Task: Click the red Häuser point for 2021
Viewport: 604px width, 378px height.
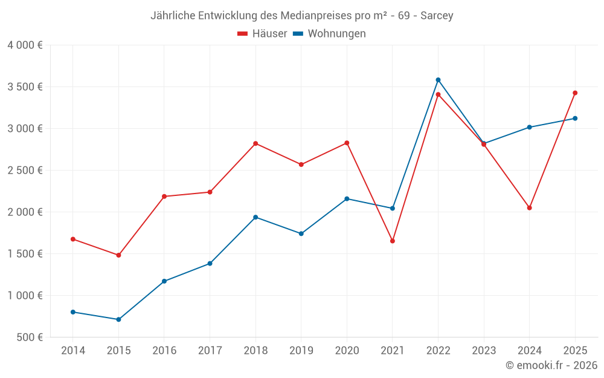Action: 393,241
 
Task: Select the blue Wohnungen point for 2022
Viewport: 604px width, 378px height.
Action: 438,80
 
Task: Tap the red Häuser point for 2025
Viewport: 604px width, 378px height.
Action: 575,93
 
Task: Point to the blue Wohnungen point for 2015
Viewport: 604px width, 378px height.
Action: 118,319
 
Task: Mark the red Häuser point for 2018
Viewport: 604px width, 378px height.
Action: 255,143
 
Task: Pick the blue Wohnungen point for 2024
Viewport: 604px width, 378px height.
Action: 529,127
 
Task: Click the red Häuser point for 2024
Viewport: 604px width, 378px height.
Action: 529,207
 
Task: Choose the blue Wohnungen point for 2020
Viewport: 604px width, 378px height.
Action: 347,198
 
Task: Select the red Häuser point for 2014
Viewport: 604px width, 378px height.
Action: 73,239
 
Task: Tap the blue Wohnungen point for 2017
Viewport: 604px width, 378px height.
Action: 210,263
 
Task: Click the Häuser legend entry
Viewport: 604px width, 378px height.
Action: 262,34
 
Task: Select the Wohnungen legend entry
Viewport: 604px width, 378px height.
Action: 330,34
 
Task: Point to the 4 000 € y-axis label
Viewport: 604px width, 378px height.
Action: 25,45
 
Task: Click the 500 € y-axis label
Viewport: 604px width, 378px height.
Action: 30,337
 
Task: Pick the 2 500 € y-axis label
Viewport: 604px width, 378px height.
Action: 25,170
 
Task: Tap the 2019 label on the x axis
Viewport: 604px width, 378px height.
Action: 301,351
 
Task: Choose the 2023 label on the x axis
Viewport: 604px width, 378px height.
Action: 484,351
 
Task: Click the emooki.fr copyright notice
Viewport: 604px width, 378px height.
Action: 551,365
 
